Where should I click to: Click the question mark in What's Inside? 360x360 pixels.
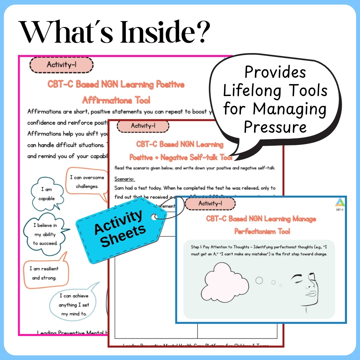(200, 33)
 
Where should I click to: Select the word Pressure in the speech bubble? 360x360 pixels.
(275, 127)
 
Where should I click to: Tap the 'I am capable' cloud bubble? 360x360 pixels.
(46, 194)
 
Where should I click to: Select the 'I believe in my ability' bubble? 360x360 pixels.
(45, 234)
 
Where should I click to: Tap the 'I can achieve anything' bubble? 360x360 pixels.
(74, 305)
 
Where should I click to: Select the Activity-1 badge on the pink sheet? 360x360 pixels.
(61, 65)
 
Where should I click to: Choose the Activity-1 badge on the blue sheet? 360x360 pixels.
(210, 203)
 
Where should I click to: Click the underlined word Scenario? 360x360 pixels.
(125, 179)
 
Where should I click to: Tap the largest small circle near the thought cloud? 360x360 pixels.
(259, 281)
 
